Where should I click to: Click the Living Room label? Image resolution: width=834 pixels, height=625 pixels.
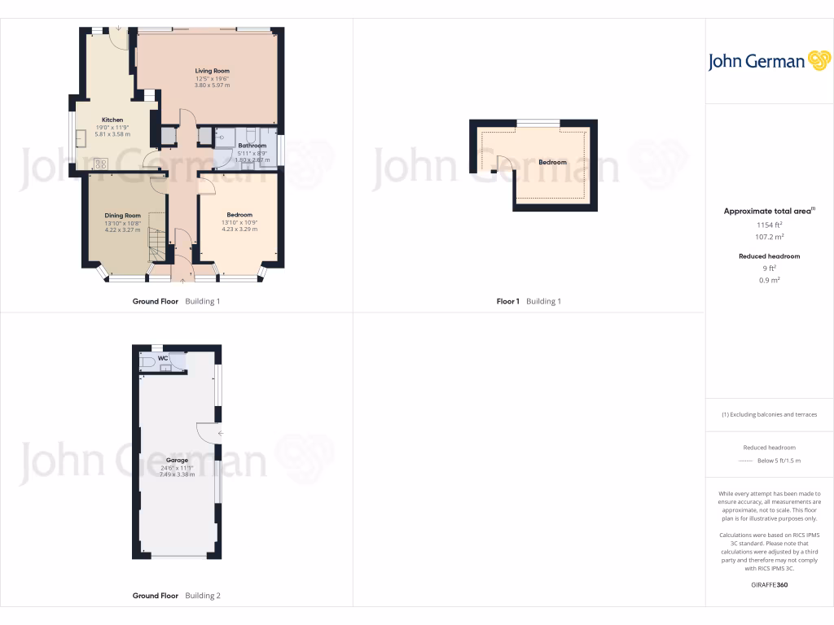tap(212, 71)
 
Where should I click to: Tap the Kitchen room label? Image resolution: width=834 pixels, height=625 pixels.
tap(112, 120)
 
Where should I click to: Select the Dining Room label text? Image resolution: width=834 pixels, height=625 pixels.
tap(123, 216)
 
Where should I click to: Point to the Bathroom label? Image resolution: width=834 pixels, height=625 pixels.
tap(252, 146)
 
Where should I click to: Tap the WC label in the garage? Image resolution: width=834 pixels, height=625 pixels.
tap(163, 357)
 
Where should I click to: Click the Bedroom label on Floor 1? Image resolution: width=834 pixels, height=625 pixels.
tap(552, 162)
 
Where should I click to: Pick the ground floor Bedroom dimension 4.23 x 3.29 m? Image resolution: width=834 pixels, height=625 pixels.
tap(239, 229)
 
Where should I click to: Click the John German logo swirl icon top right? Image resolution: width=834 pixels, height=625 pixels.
tap(818, 61)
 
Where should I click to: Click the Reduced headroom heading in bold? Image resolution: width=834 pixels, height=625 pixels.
tap(769, 256)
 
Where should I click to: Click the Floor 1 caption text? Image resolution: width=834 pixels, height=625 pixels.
tap(507, 301)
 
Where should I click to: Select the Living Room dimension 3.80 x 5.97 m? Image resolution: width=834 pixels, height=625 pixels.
tap(212, 85)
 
